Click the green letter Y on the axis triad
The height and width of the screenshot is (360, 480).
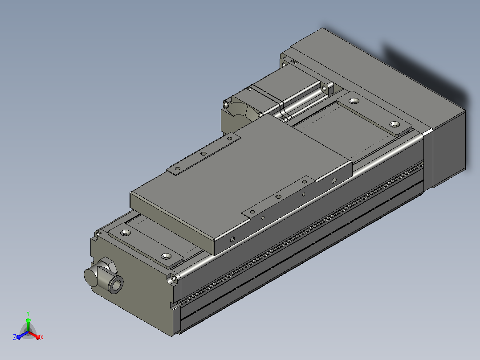pyautogui.click(x=28, y=313)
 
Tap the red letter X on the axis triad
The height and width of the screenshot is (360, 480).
pyautogui.click(x=42, y=337)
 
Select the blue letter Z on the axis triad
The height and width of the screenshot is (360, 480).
pyautogui.click(x=14, y=337)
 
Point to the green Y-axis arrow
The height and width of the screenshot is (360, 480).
pyautogui.click(x=28, y=325)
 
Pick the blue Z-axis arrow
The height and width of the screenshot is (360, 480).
pyautogui.click(x=22, y=335)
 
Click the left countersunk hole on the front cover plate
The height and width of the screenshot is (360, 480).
pyautogui.click(x=125, y=233)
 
